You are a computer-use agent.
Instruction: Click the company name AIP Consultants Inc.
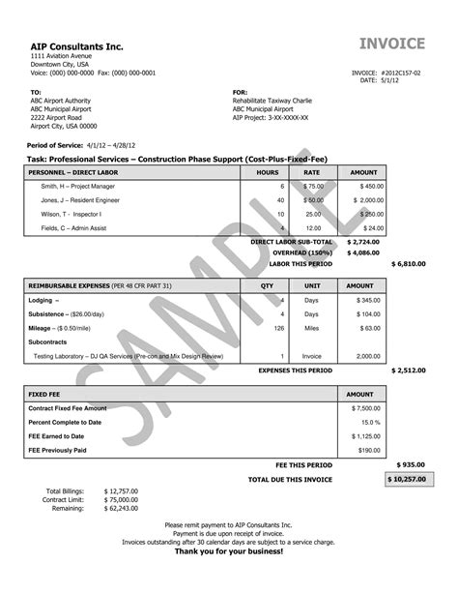point(77,45)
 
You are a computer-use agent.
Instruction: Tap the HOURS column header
point(268,170)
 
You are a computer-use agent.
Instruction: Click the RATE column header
point(312,170)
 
